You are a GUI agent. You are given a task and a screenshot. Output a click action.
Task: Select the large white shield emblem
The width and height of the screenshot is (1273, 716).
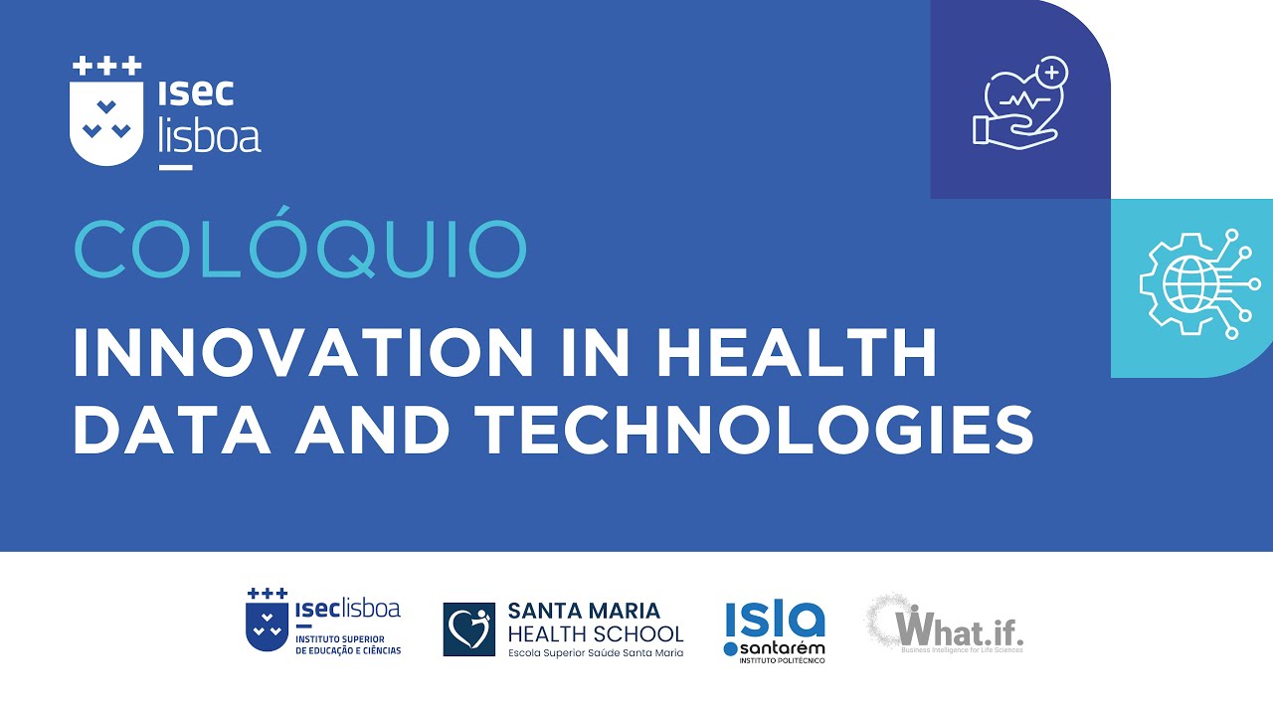(105, 123)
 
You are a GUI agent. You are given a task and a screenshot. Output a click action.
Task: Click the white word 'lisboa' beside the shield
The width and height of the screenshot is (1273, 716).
(209, 134)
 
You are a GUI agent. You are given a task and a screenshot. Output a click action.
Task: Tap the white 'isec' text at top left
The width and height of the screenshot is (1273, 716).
(196, 91)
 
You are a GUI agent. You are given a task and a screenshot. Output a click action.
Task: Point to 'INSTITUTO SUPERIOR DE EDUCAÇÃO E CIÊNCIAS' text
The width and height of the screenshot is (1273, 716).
(348, 644)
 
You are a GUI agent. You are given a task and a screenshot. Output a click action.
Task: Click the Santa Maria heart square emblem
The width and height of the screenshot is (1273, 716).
(468, 629)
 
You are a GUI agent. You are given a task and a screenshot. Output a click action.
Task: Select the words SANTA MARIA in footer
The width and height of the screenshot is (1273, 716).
(584, 610)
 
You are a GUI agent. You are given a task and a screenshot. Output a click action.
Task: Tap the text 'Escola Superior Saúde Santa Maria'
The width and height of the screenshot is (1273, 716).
(595, 653)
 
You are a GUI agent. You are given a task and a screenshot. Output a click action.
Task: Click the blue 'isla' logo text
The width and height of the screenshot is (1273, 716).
(775, 619)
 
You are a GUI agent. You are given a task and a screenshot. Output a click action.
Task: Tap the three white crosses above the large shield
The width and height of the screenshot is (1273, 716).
(105, 67)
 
